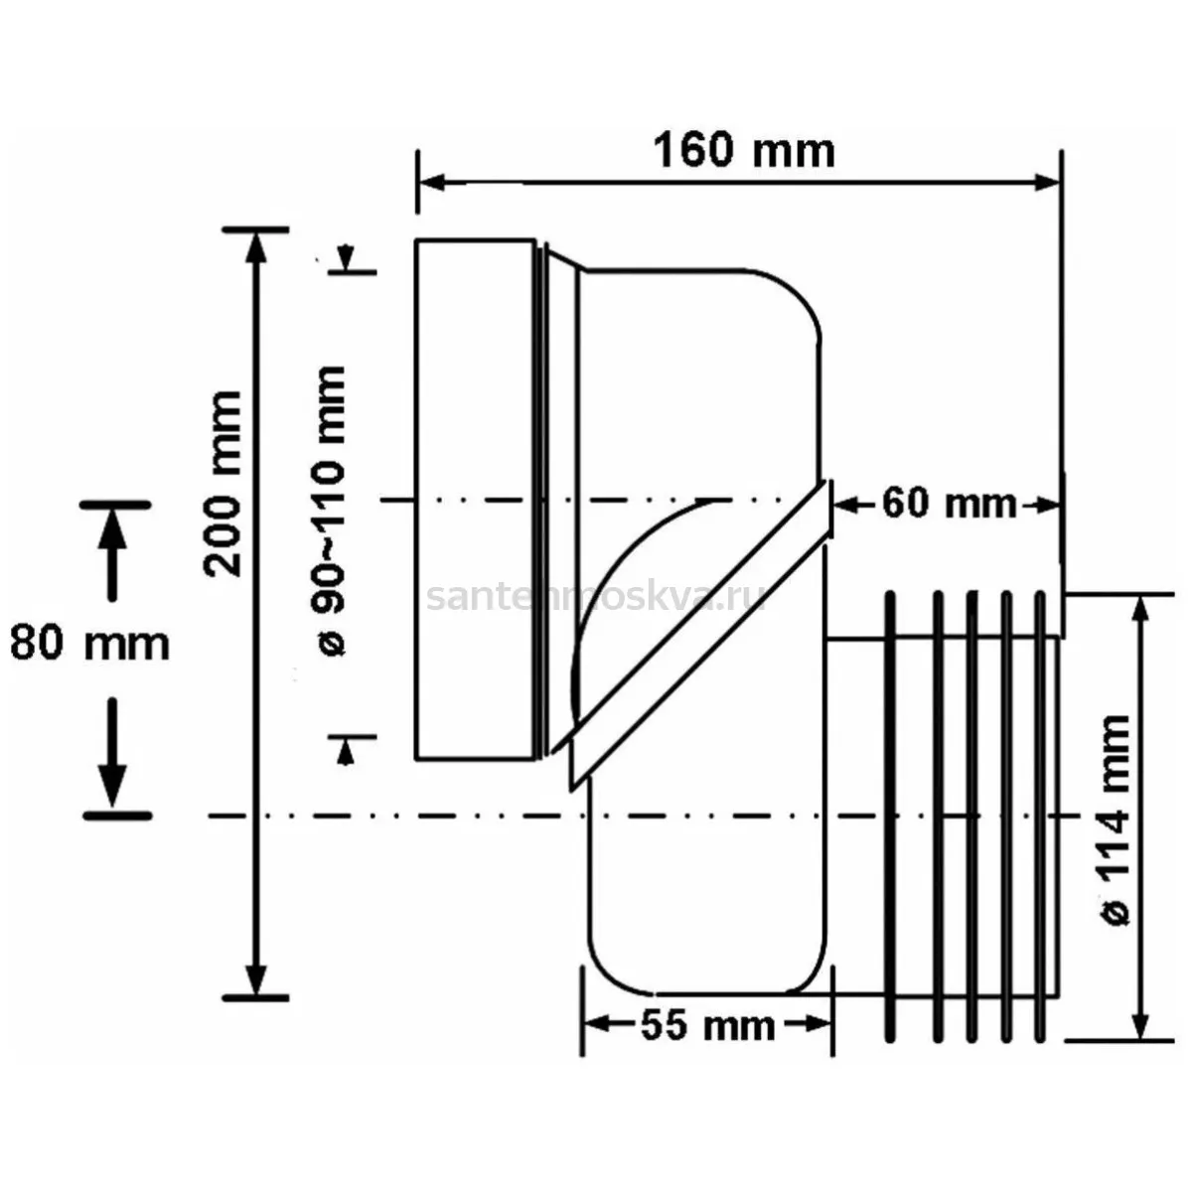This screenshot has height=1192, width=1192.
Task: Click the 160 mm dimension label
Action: [744, 152]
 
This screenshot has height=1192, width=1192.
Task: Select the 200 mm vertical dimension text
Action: [223, 485]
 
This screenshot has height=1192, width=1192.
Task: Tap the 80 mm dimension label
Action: [89, 644]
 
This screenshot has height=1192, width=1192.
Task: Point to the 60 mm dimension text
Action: [949, 505]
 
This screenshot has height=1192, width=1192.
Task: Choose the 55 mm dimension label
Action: [707, 1026]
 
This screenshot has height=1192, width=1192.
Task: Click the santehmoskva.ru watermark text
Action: [596, 598]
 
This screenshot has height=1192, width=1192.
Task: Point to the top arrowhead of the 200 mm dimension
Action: [256, 246]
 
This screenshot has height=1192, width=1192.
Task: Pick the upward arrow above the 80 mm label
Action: [112, 551]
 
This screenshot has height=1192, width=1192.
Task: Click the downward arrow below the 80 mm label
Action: [112, 752]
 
